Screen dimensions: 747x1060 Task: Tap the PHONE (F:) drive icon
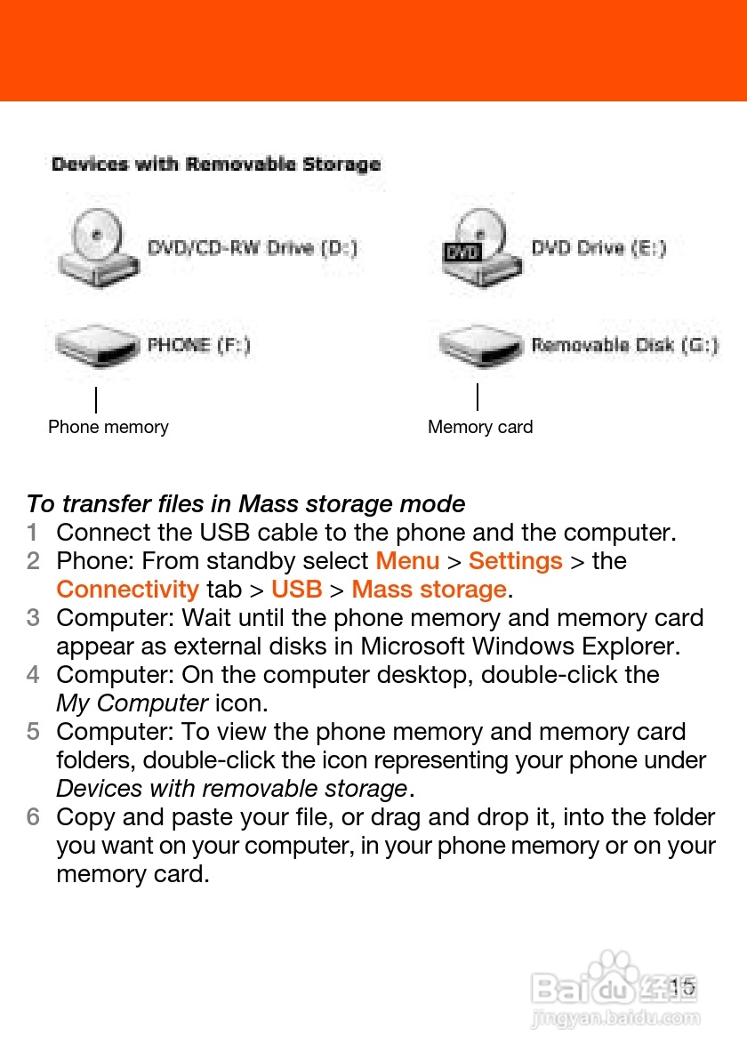click(97, 345)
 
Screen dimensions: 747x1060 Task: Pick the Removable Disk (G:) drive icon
click(479, 345)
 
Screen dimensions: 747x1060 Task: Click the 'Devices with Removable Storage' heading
click(216, 165)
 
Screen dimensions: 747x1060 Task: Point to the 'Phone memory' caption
click(108, 427)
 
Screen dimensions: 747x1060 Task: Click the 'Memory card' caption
click(480, 427)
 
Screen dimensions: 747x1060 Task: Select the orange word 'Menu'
click(407, 561)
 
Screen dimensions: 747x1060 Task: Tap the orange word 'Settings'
click(515, 561)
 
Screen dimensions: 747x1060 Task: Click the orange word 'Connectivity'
click(127, 590)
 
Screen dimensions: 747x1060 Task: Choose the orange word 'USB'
click(296, 590)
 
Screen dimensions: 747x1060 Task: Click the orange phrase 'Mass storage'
click(429, 590)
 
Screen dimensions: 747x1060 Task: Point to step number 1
click(32, 533)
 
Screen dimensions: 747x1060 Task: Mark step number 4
click(32, 675)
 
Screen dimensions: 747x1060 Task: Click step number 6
click(32, 817)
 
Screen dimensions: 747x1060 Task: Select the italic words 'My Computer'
click(132, 703)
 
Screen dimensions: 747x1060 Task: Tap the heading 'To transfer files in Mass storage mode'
click(245, 504)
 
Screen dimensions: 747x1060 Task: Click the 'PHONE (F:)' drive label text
click(198, 345)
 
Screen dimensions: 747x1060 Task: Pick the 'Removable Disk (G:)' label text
click(624, 345)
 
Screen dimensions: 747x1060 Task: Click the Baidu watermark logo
click(614, 987)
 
